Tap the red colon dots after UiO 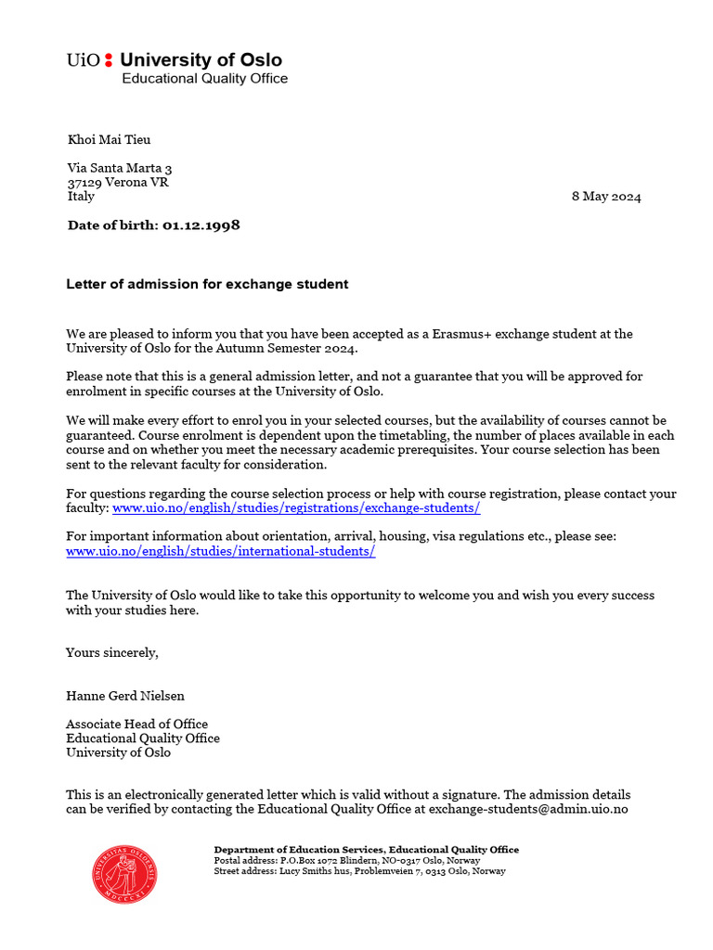pyautogui.click(x=109, y=61)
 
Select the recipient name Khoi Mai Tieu pyautogui.click(x=109, y=140)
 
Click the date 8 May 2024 pyautogui.click(x=606, y=197)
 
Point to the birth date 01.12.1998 pyautogui.click(x=201, y=225)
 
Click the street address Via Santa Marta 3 pyautogui.click(x=120, y=168)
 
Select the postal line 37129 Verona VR pyautogui.click(x=118, y=182)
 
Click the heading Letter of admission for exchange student pyautogui.click(x=207, y=285)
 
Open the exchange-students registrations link pyautogui.click(x=296, y=508)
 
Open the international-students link pyautogui.click(x=221, y=551)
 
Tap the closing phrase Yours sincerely pyautogui.click(x=112, y=653)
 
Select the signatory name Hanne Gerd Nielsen pyautogui.click(x=125, y=696)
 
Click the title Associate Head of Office pyautogui.click(x=136, y=725)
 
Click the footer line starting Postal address pyautogui.click(x=347, y=861)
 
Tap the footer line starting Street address pyautogui.click(x=359, y=872)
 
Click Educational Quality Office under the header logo pyautogui.click(x=205, y=79)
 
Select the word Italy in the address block pyautogui.click(x=81, y=197)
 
